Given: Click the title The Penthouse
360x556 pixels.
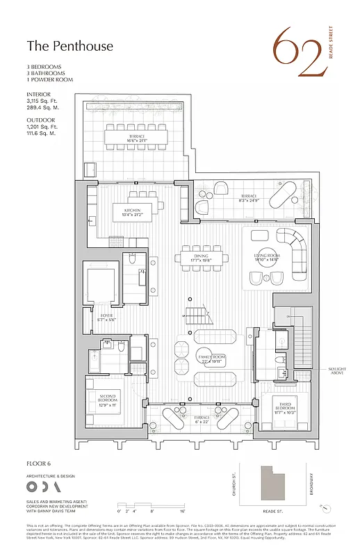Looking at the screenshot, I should (60, 46).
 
